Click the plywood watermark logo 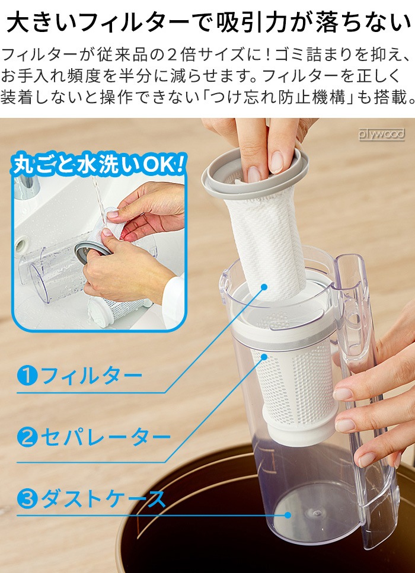point(381,134)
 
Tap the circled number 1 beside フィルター point(27,375)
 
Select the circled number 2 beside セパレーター point(27,437)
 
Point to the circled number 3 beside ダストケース point(27,498)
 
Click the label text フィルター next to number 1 point(91,375)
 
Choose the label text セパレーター point(106,437)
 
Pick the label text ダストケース point(103,498)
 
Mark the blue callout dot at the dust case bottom point(288,515)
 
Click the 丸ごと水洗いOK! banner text point(98,165)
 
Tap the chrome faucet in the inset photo point(27,187)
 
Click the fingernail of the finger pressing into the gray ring point(253,174)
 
